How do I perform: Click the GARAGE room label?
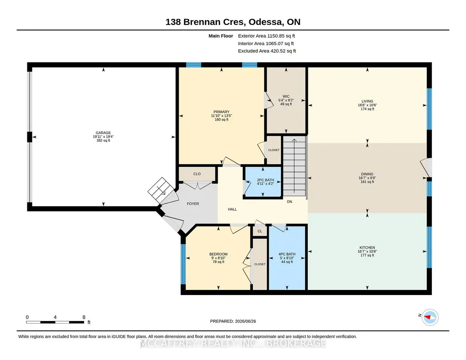pyautogui.click(x=103, y=133)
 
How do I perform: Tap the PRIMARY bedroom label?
pyautogui.click(x=221, y=112)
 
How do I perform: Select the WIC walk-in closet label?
pyautogui.click(x=286, y=96)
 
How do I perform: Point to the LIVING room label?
pyautogui.click(x=367, y=101)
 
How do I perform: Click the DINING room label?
pyautogui.click(x=367, y=175)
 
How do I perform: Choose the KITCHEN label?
pyautogui.click(x=367, y=248)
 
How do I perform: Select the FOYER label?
pyautogui.click(x=193, y=204)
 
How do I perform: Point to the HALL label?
pyautogui.click(x=232, y=210)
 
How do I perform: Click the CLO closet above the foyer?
pyautogui.click(x=197, y=174)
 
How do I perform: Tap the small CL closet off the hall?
pyautogui.click(x=260, y=231)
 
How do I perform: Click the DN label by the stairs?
pyautogui.click(x=290, y=202)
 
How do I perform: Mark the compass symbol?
pyautogui.click(x=430, y=318)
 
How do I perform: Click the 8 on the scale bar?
pyautogui.click(x=84, y=317)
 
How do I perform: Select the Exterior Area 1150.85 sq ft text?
pyautogui.click(x=266, y=36)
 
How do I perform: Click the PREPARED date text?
pyautogui.click(x=233, y=321)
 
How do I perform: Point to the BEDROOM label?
pyautogui.click(x=218, y=254)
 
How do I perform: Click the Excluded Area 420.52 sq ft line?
pyautogui.click(x=267, y=51)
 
